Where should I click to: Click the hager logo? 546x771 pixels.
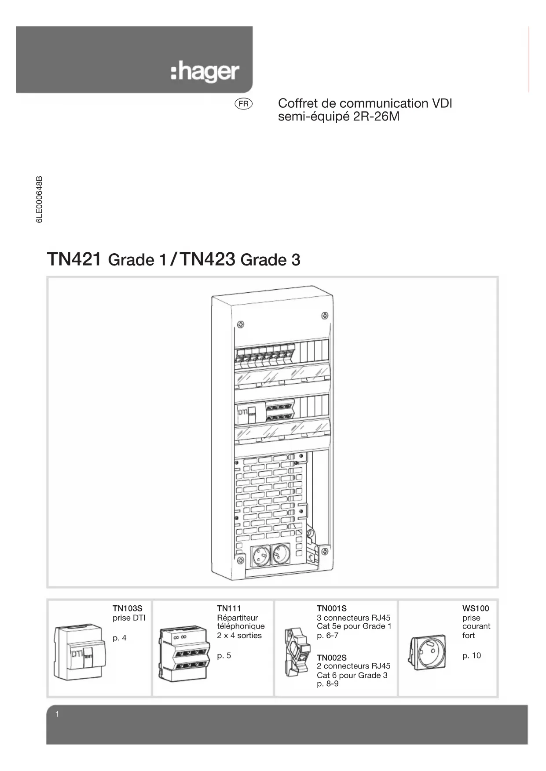(205, 73)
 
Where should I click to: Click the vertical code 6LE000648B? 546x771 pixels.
(39, 200)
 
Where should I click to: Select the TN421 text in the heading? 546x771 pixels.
(75, 259)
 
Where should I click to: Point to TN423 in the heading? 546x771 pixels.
(208, 259)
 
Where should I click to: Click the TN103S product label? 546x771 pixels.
(127, 608)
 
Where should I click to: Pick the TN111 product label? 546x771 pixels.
(229, 608)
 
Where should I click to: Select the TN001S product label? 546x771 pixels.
(331, 608)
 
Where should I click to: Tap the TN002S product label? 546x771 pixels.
(331, 658)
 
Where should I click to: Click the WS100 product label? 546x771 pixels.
(475, 608)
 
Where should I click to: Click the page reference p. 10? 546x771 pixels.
(471, 655)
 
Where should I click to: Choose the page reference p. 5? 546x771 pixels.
(224, 655)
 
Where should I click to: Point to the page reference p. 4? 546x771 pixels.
(119, 638)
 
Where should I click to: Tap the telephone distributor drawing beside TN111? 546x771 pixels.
(182, 655)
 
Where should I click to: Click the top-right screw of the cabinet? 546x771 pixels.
(324, 315)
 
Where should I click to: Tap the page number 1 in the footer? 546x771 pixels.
(57, 714)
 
